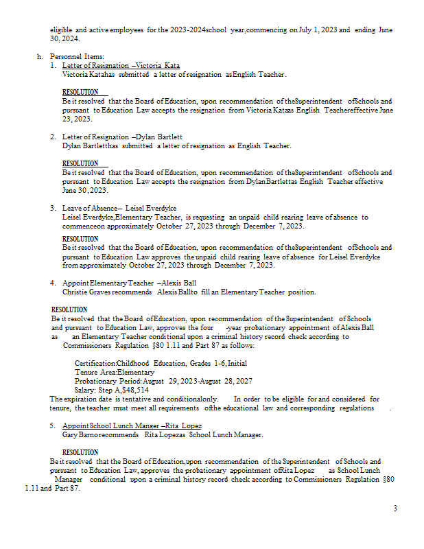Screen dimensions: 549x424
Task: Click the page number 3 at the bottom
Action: tap(394, 509)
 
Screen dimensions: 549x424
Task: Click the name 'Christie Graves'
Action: tap(84, 292)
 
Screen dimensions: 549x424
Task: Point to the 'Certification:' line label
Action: tap(95, 363)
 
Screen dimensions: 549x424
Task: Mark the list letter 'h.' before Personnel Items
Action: tap(40, 56)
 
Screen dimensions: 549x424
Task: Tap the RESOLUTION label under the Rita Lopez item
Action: tap(80, 453)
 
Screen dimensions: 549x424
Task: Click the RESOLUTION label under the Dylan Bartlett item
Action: tap(80, 163)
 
